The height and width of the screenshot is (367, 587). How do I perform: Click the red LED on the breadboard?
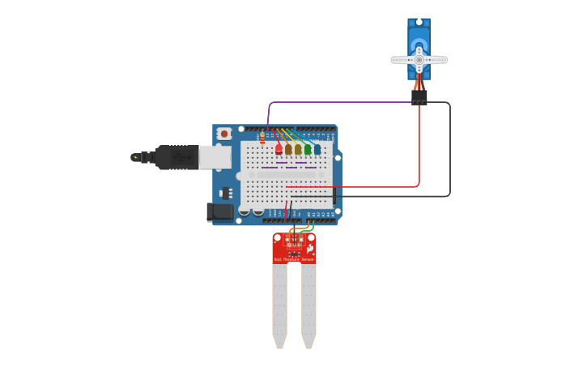pos(279,149)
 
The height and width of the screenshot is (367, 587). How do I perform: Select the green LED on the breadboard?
pos(308,149)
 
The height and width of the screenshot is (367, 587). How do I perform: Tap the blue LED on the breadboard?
pos(317,149)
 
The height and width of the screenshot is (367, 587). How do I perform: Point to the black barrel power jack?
pos(219,212)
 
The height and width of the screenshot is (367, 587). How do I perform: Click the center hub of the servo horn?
pos(419,59)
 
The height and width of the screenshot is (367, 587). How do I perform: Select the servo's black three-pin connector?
pos(419,97)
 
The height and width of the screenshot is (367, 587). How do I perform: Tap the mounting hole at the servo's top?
pos(419,23)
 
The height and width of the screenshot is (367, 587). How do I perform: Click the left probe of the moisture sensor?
pos(279,304)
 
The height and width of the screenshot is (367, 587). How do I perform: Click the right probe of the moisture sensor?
pos(308,304)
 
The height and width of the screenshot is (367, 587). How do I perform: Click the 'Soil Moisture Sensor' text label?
pos(294,259)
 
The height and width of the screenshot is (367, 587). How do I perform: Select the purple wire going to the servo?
pos(340,103)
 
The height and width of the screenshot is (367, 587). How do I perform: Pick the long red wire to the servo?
pos(419,154)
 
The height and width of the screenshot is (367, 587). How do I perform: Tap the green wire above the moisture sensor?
pos(308,228)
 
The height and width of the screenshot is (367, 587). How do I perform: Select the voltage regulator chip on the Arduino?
pos(226,192)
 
